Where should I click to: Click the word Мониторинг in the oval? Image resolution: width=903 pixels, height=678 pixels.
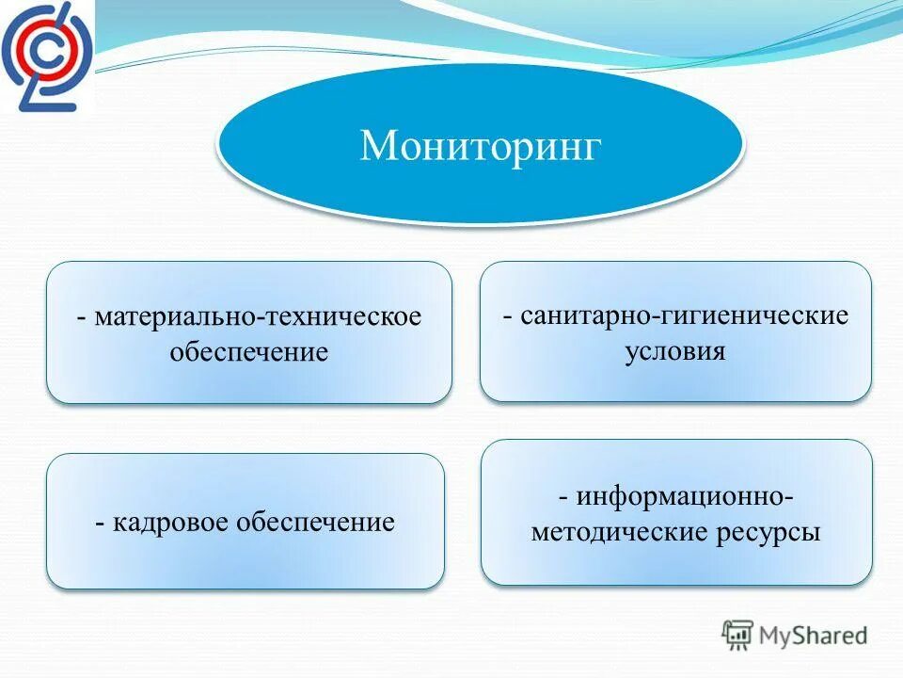(480, 146)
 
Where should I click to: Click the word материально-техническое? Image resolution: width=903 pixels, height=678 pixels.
(258, 316)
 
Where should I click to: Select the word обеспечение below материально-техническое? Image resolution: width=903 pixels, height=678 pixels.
(249, 353)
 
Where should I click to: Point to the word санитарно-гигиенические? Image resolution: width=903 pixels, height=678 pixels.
(686, 315)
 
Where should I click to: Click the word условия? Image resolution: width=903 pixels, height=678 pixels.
(675, 351)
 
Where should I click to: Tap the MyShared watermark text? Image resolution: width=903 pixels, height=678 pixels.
(814, 635)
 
